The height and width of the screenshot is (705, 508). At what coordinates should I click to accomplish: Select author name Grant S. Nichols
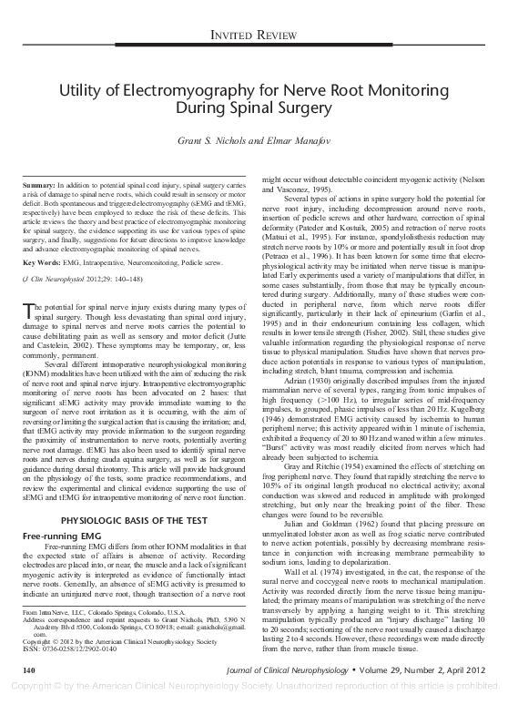click(215, 142)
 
